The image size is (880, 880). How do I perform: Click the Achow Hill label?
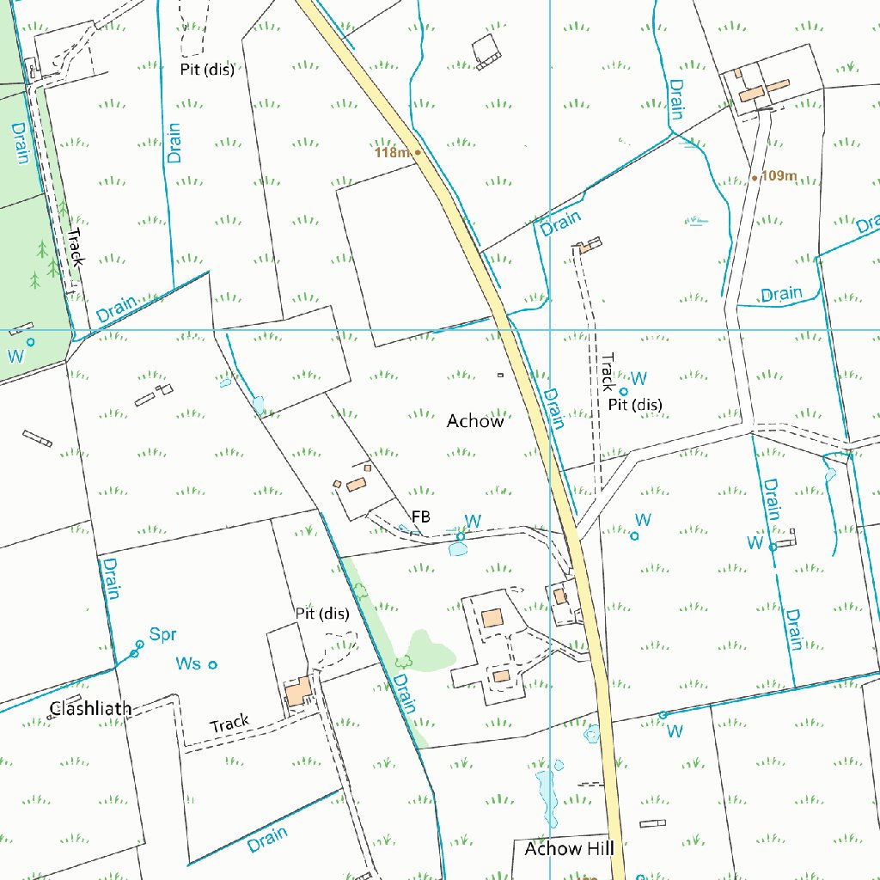click(x=569, y=849)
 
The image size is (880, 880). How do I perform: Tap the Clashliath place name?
click(x=91, y=709)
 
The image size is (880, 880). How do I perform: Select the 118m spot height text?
click(x=392, y=153)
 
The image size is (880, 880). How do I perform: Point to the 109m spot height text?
click(x=779, y=176)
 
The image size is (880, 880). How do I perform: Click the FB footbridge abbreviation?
click(x=420, y=516)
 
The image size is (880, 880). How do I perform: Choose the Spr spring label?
click(x=162, y=635)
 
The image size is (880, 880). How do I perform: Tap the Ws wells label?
click(x=188, y=663)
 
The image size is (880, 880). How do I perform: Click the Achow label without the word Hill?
click(x=475, y=421)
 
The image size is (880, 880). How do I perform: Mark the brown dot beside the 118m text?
click(x=418, y=152)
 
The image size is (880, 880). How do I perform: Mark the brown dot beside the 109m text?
click(x=755, y=178)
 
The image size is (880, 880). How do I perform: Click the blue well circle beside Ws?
click(x=213, y=664)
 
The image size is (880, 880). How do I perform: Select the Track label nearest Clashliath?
click(x=229, y=724)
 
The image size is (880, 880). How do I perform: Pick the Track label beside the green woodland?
click(x=75, y=247)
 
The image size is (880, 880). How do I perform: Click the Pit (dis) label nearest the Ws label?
click(x=322, y=614)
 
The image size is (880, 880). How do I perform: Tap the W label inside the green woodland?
click(x=14, y=356)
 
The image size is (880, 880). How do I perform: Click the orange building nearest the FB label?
click(x=356, y=486)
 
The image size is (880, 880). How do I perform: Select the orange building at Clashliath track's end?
click(x=298, y=692)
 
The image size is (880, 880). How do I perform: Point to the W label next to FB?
click(x=472, y=521)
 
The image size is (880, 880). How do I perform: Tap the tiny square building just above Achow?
click(x=500, y=375)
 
